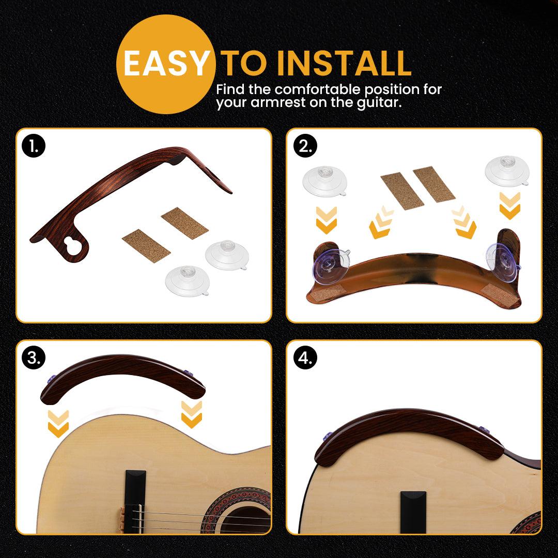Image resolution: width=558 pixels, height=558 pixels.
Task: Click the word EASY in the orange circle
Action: coord(165,64)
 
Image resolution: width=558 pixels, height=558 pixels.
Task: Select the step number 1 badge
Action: coord(34,146)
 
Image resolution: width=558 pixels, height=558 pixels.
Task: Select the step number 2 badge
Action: coord(305,146)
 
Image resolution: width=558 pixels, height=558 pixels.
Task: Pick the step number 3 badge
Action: coord(34,358)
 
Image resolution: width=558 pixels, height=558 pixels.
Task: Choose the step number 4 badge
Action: coord(305,358)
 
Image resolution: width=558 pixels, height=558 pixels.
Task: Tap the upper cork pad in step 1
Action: coord(184,223)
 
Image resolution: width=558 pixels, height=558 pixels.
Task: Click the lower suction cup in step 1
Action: coord(188,281)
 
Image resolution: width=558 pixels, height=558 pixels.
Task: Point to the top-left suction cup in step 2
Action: coord(324,181)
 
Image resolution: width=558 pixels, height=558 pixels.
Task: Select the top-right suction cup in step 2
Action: coord(507,171)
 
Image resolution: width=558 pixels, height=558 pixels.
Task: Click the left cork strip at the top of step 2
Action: coord(402,191)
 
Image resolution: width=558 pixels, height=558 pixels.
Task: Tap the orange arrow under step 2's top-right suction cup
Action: coord(509,205)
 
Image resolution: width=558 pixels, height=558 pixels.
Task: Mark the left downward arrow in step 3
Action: coord(58,424)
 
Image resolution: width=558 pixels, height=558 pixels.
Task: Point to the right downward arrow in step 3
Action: coord(192,414)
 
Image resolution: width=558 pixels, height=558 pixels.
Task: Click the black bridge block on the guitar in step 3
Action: coord(135,501)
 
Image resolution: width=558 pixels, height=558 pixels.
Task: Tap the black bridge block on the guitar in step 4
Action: coord(413,512)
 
